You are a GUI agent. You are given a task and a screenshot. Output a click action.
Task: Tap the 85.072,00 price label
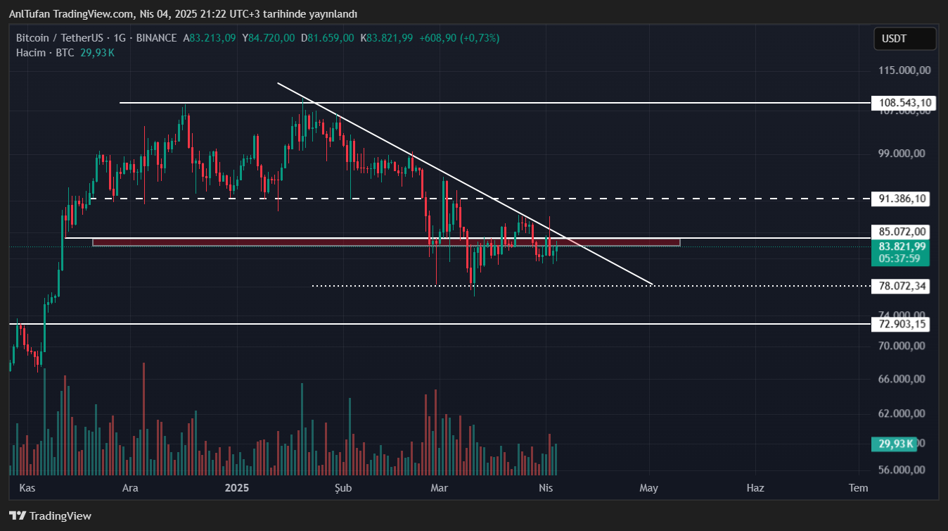coord(902,231)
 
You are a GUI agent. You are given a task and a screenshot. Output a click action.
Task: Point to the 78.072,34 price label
coord(902,286)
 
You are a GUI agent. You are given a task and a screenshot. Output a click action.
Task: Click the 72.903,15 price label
coord(902,324)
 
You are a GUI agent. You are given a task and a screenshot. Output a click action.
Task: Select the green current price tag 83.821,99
coord(904,246)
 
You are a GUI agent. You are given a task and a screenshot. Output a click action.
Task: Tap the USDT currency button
coord(904,39)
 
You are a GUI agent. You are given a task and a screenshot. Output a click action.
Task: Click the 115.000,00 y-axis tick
coord(905,70)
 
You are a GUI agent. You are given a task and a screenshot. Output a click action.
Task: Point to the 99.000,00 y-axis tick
coord(905,154)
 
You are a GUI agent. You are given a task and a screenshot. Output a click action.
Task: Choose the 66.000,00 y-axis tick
coord(905,379)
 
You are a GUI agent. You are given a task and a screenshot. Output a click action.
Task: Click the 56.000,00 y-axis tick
coord(905,470)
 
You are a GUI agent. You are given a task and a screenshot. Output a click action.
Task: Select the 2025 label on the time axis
coord(237,487)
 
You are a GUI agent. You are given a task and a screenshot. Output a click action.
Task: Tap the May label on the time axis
coord(648,487)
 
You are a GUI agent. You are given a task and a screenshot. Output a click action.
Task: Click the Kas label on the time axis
coord(27,487)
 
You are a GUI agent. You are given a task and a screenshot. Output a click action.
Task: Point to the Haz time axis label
coord(755,487)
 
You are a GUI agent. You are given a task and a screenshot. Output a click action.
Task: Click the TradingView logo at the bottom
coord(51,516)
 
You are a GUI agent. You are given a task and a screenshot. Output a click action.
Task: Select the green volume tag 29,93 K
coord(895,444)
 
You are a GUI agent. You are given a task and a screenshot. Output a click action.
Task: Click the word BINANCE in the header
coord(157,38)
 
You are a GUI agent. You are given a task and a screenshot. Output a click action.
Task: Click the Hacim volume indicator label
coord(31,53)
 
